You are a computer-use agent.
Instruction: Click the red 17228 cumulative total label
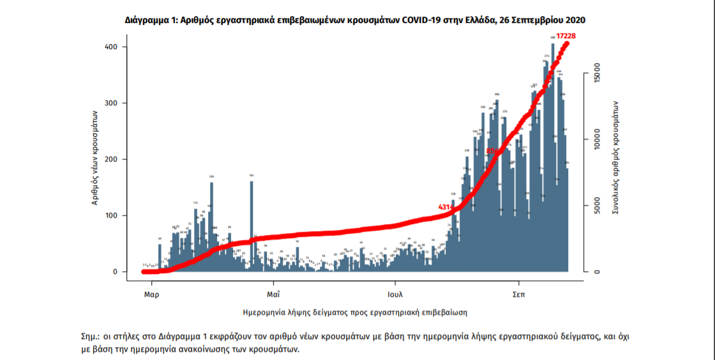pyautogui.click(x=568, y=36)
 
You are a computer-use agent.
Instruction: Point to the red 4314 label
pyautogui.click(x=445, y=207)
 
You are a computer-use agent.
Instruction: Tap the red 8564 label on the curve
pyautogui.click(x=494, y=151)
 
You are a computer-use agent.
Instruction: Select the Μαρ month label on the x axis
pyautogui.click(x=151, y=296)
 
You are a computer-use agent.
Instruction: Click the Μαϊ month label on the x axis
pyautogui.click(x=274, y=296)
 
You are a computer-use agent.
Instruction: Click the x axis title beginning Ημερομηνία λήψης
pyautogui.click(x=356, y=313)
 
